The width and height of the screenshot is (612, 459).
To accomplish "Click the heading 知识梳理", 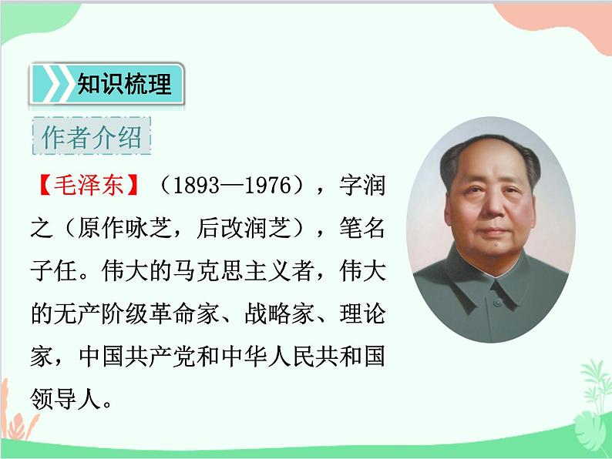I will coord(123,84).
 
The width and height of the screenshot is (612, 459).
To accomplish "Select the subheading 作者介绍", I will coord(92,138).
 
